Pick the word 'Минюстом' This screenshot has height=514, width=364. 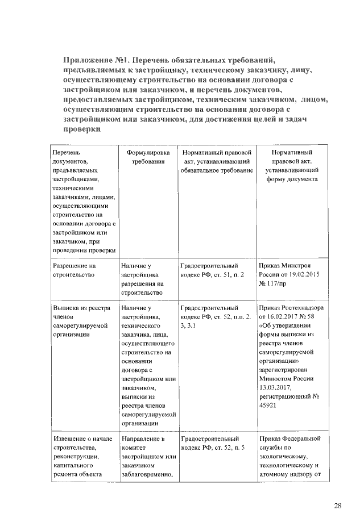pos(274,378)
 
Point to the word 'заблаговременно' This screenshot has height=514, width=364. pos(147,475)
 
